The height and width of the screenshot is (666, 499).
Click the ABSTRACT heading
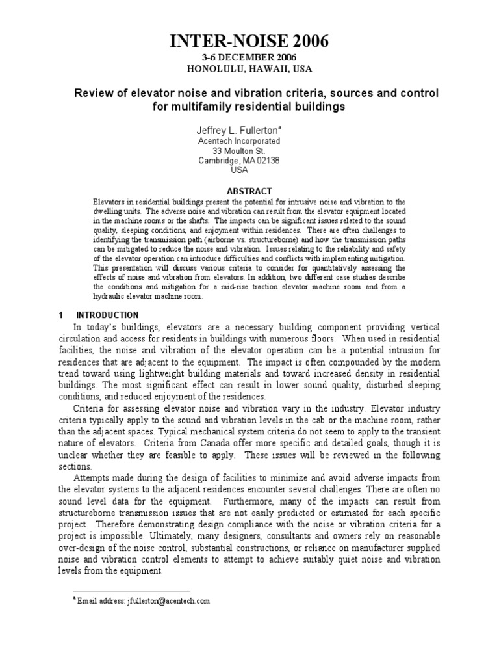[x=249, y=192]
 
